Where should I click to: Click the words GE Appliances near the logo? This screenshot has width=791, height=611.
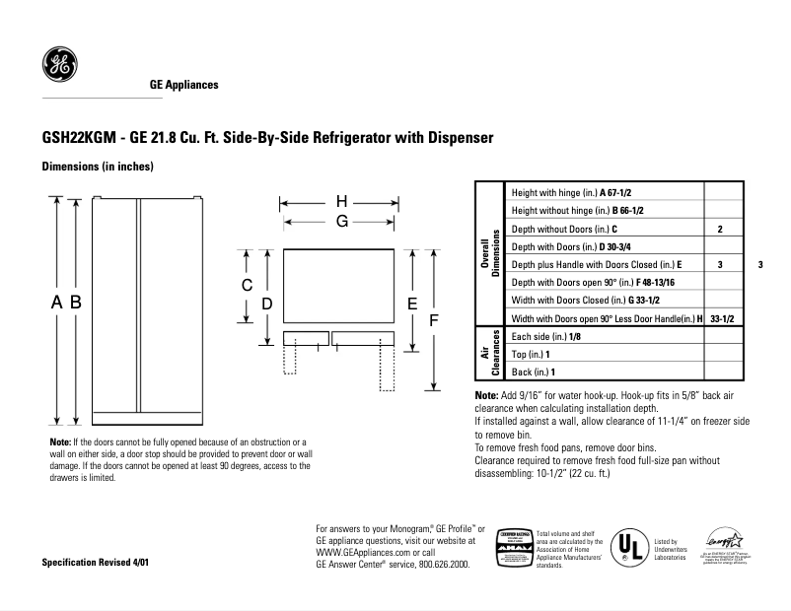click(x=183, y=86)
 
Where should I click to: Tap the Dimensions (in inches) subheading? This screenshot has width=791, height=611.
click(x=98, y=167)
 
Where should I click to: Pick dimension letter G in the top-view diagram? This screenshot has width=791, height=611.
click(x=341, y=222)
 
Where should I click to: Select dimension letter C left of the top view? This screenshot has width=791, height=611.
click(x=248, y=285)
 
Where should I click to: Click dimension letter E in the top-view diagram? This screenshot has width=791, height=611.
click(x=411, y=304)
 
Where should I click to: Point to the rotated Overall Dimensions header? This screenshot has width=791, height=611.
click(x=490, y=255)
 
